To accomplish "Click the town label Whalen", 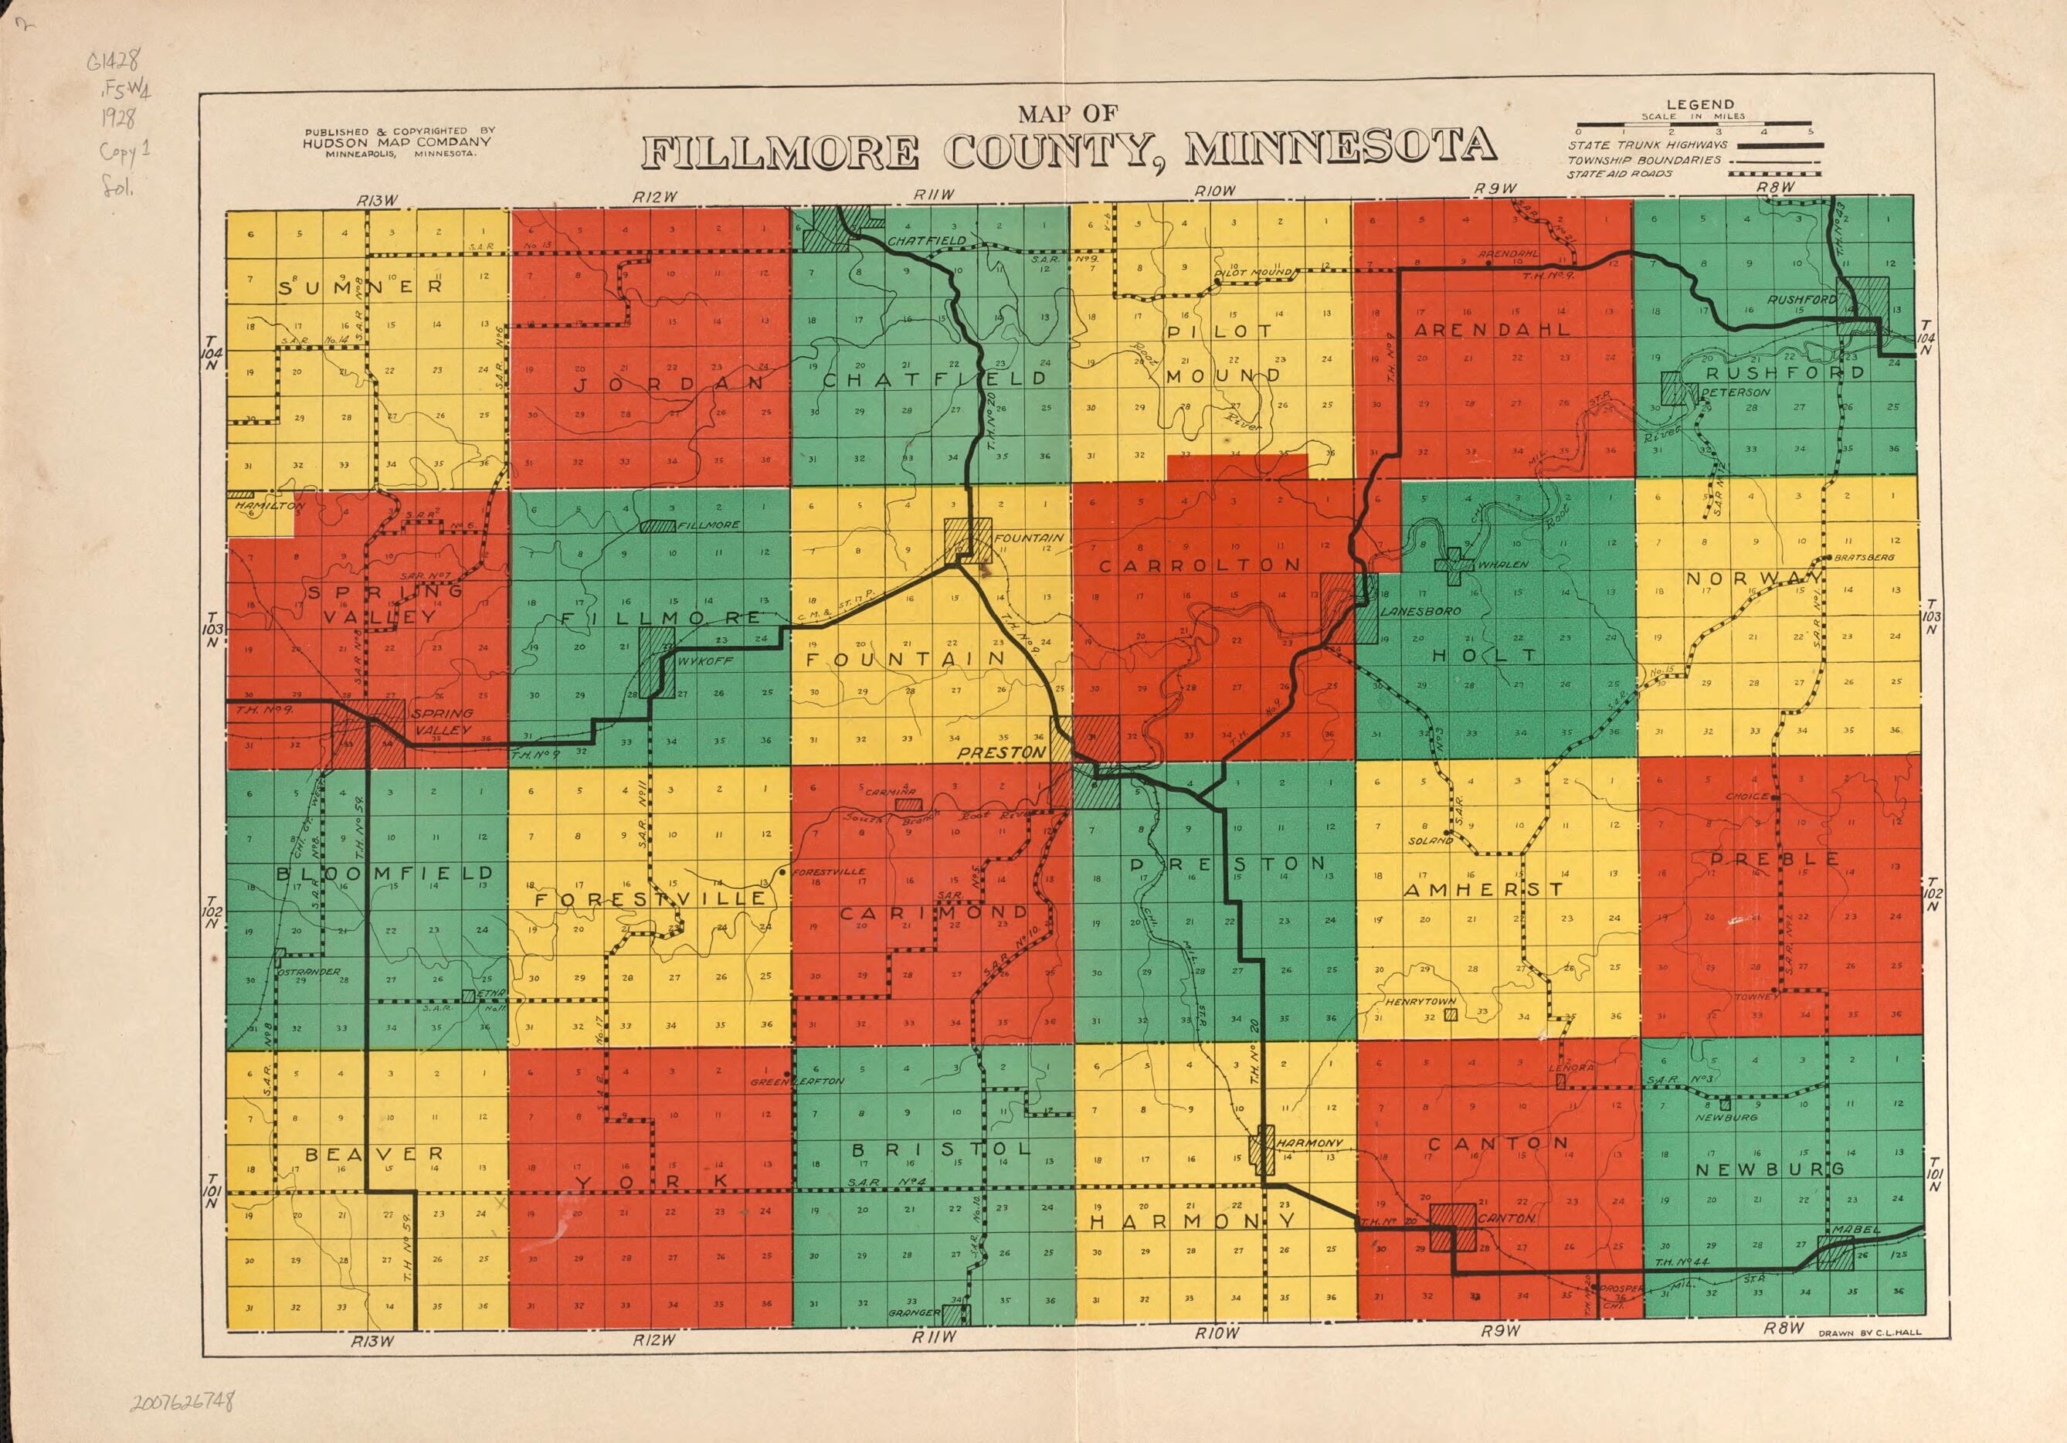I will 1502,565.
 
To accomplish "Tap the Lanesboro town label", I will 1407,611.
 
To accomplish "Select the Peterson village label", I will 1735,392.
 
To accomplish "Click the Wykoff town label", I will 705,660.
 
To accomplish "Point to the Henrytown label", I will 1419,1001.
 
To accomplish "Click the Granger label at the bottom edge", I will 915,1312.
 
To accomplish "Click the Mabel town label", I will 1855,1230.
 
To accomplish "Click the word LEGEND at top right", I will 1699,104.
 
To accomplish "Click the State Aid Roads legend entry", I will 1620,174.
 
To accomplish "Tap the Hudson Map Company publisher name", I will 396,142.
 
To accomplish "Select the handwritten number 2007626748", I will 183,1401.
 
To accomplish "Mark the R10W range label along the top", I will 1214,191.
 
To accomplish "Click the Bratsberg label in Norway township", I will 1864,557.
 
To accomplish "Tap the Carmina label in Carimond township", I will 891,792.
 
